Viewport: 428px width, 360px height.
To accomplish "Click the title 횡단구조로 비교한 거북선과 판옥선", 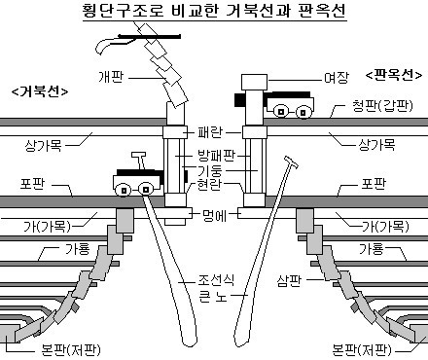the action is click(x=214, y=11).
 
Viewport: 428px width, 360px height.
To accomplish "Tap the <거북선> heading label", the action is click(x=40, y=91).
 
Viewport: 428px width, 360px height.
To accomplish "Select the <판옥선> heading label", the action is click(x=394, y=75).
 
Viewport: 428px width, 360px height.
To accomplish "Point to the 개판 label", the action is click(x=111, y=77).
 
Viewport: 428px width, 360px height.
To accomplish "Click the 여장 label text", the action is click(x=337, y=78).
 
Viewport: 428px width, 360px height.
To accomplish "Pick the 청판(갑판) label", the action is click(x=382, y=106).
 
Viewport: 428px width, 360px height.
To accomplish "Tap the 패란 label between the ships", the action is click(x=210, y=132).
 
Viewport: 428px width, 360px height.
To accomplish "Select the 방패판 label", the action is click(x=216, y=156).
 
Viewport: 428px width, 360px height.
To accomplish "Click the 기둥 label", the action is click(x=210, y=170).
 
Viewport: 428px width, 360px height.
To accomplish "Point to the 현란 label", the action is click(x=210, y=184).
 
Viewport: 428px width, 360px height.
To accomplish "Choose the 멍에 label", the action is click(x=214, y=215).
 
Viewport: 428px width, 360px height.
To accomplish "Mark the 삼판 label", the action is click(x=289, y=280).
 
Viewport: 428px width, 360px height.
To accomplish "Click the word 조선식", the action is click(x=216, y=279).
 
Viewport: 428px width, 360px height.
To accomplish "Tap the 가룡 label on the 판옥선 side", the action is click(x=372, y=249).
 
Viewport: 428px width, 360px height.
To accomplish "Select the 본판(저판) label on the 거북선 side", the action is click(x=71, y=350).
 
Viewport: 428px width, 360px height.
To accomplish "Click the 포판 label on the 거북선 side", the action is click(x=32, y=184).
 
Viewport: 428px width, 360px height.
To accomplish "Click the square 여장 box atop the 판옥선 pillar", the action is click(x=255, y=82).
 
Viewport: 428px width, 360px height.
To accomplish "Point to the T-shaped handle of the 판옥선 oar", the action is click(x=291, y=162).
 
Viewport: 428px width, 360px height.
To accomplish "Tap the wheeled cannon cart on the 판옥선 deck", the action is click(x=290, y=104).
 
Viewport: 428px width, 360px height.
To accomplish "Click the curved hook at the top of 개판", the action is click(x=109, y=45).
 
